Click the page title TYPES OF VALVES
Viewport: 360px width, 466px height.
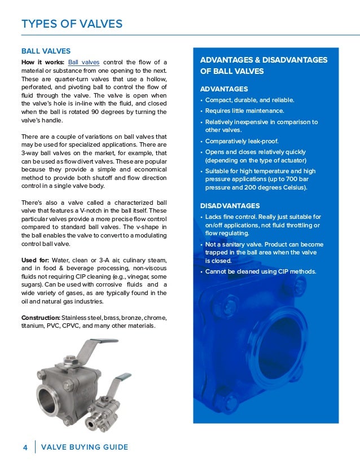click(72, 24)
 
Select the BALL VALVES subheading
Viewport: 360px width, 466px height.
click(46, 51)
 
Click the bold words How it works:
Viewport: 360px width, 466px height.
click(42, 61)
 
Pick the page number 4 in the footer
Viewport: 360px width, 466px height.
click(25, 447)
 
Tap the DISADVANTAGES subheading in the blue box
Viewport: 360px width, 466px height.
click(230, 206)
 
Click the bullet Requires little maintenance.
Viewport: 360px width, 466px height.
click(244, 111)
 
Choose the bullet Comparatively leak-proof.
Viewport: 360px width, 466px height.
click(242, 141)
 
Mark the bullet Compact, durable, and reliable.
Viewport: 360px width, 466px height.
click(249, 100)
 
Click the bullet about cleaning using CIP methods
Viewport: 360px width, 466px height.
click(260, 271)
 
